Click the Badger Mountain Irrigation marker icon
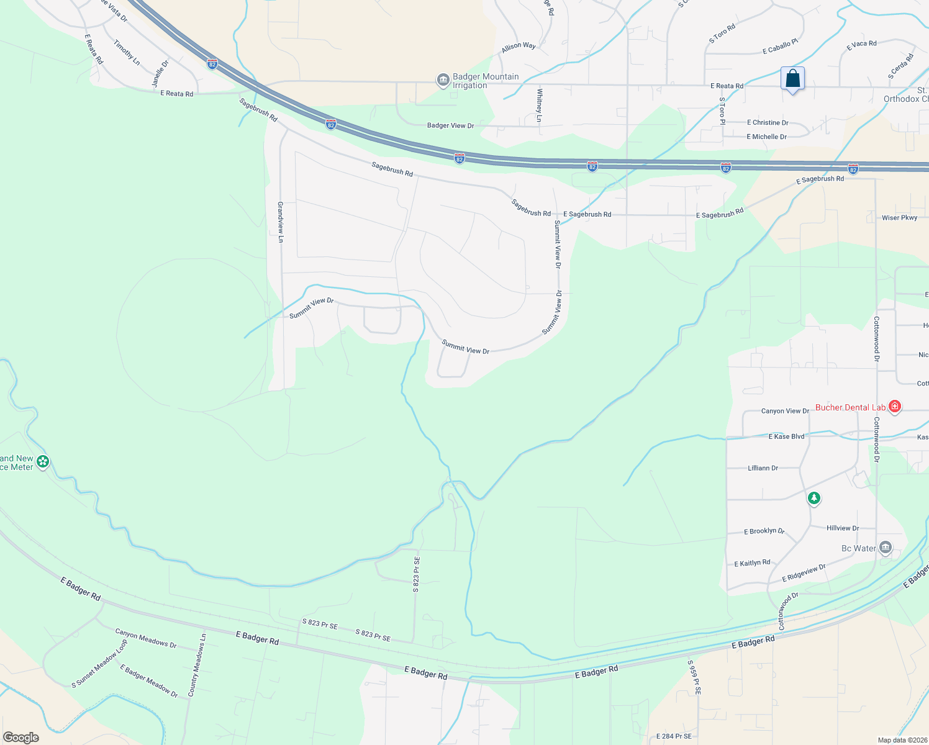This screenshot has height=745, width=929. click(x=443, y=80)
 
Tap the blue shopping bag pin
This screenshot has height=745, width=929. click(x=792, y=79)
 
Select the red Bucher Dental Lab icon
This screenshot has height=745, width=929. click(x=894, y=407)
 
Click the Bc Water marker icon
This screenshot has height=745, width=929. click(x=886, y=548)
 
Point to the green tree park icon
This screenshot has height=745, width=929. click(x=813, y=498)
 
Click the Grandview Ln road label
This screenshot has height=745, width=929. click(x=281, y=222)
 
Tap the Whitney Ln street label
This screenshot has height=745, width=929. click(x=540, y=101)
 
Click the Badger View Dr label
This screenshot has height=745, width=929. click(x=450, y=125)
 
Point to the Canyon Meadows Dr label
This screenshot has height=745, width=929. click(x=146, y=638)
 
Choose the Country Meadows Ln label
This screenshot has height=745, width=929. click(x=197, y=664)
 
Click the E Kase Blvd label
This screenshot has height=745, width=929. click(x=786, y=436)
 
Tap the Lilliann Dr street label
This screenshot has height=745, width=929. click(x=763, y=468)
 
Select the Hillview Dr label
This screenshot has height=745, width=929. click(x=843, y=528)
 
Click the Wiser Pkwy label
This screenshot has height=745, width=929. click(x=899, y=218)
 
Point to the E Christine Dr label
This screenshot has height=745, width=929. click(x=768, y=123)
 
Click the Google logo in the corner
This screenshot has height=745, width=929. click(x=21, y=738)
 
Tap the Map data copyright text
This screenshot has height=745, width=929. click(x=902, y=740)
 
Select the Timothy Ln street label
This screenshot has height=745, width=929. click(x=127, y=53)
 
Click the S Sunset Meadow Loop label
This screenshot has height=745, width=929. click(x=99, y=664)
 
